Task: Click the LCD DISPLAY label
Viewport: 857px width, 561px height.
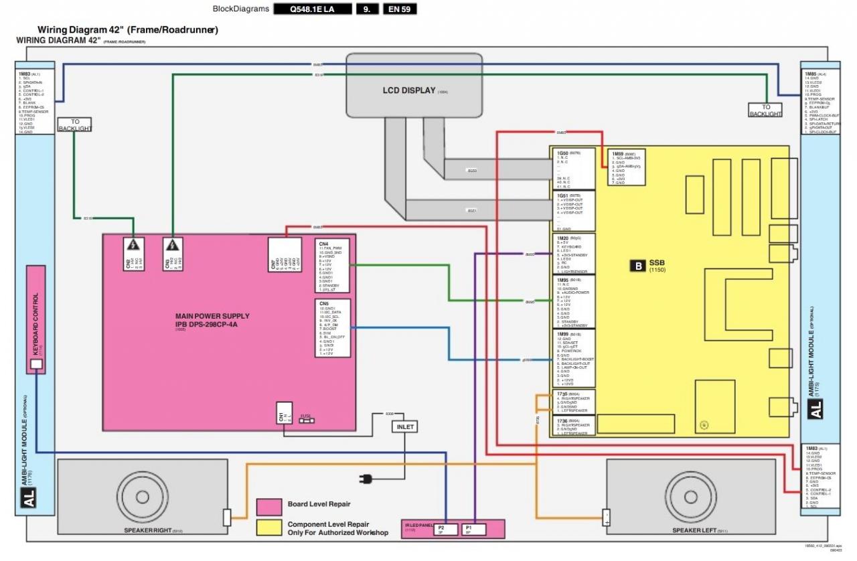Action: point(409,90)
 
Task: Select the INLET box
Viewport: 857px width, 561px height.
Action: point(405,426)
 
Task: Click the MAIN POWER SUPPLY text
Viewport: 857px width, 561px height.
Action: point(212,316)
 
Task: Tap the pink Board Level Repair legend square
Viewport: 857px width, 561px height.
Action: point(268,507)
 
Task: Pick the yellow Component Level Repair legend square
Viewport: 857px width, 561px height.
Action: point(268,528)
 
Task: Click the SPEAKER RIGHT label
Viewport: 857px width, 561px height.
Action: point(148,531)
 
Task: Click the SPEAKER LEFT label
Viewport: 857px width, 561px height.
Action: point(696,531)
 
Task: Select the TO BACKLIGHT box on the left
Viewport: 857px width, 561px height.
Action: point(74,125)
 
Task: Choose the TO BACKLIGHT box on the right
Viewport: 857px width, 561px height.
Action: point(765,110)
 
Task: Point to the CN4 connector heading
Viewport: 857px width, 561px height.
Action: point(323,244)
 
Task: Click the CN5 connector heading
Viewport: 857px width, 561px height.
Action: point(323,303)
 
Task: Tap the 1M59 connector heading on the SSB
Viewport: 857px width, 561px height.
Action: point(618,153)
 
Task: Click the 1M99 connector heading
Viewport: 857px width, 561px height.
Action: point(563,333)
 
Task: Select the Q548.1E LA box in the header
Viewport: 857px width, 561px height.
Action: point(312,9)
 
